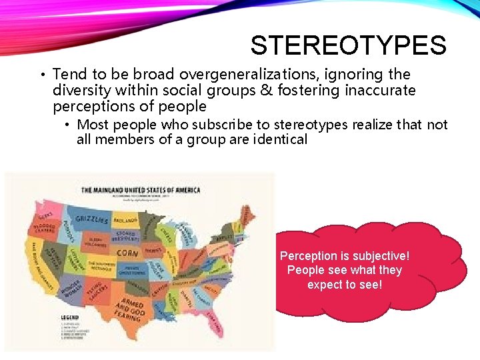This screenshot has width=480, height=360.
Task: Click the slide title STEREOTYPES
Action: [x=348, y=46]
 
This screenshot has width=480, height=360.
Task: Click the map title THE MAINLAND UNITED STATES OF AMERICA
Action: [x=140, y=190]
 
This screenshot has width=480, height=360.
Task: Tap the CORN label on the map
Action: [x=127, y=253]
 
